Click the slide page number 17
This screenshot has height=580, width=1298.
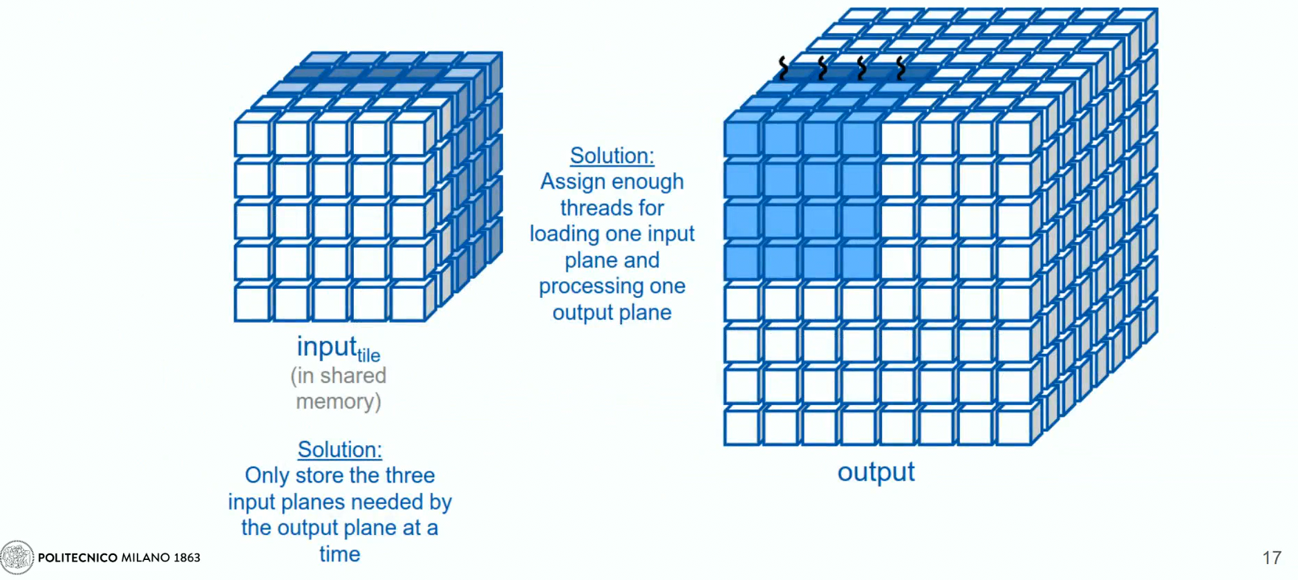1272,557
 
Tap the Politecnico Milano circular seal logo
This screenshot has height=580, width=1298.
17,557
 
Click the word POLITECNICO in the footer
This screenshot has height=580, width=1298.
77,557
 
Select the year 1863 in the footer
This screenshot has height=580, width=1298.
187,557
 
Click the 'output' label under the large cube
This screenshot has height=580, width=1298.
876,472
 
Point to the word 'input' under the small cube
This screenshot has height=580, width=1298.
326,346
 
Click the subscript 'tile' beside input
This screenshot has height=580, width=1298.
368,355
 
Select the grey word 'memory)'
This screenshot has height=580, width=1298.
339,402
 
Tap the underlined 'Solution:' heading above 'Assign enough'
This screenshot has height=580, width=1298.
612,156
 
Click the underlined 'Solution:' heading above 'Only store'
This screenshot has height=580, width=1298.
339,449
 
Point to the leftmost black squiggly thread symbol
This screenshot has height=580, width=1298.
783,68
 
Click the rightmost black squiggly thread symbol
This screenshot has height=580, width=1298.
900,68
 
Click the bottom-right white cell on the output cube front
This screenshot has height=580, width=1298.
1013,427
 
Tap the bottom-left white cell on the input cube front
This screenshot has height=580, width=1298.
252,303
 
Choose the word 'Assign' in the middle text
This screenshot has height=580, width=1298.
572,181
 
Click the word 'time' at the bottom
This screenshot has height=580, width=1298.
339,554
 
